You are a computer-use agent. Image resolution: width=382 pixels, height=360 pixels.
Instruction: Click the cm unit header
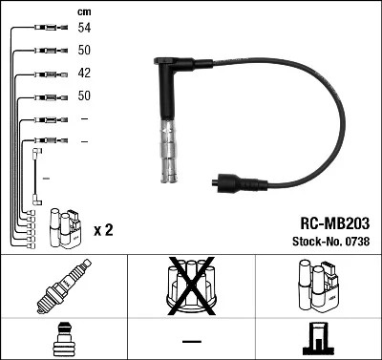click(84, 11)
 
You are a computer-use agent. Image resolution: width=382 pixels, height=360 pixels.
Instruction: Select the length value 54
click(85, 29)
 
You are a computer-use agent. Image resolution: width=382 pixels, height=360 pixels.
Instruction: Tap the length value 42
click(85, 74)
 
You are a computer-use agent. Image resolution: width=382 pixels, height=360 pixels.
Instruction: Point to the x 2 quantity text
click(104, 231)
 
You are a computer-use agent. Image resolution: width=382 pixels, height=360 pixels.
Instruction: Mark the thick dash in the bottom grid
click(191, 341)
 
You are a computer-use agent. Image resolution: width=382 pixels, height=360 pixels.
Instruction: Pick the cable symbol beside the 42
click(46, 74)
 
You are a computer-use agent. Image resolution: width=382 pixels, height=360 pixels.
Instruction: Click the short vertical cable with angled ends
click(35, 175)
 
